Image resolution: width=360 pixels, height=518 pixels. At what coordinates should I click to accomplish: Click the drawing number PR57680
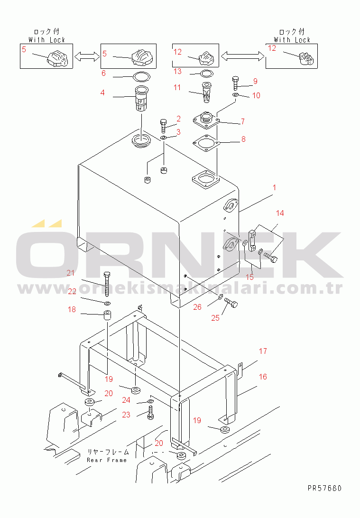click(x=324, y=488)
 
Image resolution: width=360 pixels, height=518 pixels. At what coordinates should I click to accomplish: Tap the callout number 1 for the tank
click(x=275, y=188)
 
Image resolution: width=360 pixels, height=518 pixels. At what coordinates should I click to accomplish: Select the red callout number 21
click(x=71, y=273)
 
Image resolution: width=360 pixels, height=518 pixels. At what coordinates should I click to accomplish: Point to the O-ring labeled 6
click(x=141, y=77)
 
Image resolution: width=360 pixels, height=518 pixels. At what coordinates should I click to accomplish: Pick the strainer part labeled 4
click(x=141, y=99)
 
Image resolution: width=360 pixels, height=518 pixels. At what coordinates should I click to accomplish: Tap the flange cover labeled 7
click(x=206, y=120)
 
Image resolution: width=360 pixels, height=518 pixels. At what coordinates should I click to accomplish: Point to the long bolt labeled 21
click(x=107, y=284)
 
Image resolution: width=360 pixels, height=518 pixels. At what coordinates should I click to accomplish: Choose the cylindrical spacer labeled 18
click(x=107, y=315)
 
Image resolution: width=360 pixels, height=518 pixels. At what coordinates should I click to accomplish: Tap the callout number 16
click(x=263, y=377)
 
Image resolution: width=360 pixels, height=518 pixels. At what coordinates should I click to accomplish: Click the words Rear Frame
click(x=107, y=460)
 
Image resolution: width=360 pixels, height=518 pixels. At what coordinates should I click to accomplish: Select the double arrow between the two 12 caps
click(x=242, y=56)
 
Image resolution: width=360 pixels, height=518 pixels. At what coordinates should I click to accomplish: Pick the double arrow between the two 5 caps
click(x=87, y=56)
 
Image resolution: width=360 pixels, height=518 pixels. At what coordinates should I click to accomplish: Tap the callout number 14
click(x=280, y=213)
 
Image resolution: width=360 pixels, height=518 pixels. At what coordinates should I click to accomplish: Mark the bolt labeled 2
click(x=164, y=126)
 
